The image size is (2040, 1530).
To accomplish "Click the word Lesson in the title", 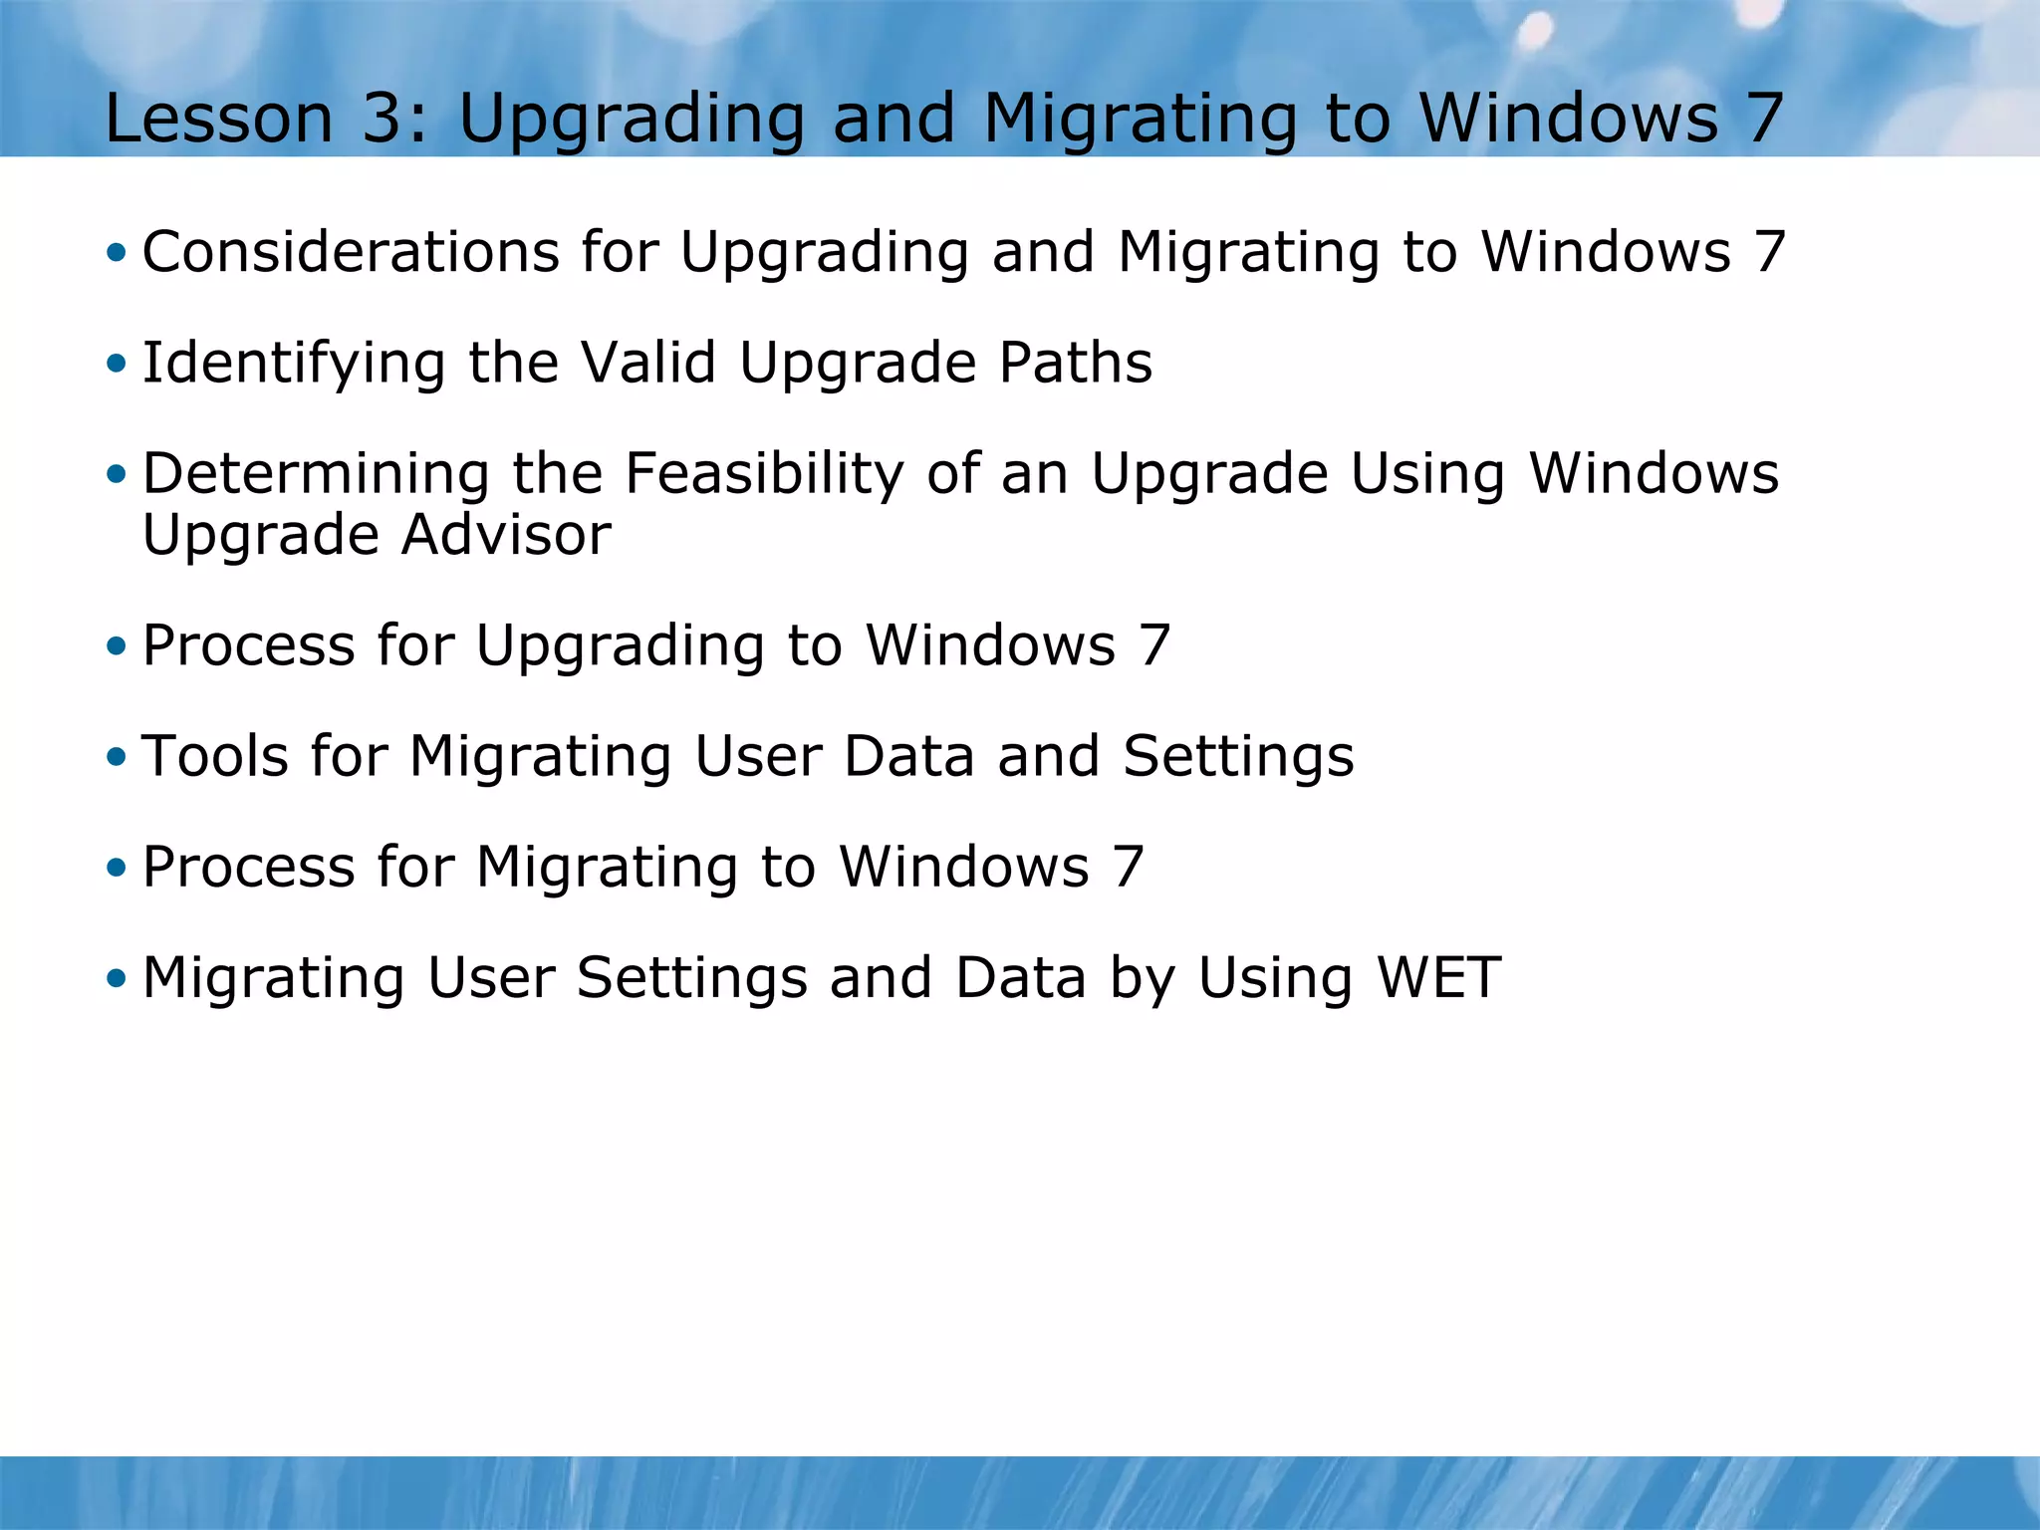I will point(218,119).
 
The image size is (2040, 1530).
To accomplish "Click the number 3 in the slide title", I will point(383,119).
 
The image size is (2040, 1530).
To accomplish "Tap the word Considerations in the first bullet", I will point(351,251).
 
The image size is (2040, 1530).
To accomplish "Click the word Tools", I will point(214,756).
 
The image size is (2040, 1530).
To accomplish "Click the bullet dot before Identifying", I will point(117,363).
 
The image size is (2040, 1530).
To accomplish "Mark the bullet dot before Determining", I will point(117,474).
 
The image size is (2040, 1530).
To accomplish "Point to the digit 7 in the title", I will point(1763,119).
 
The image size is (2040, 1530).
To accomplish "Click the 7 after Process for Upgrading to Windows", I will point(1154,645).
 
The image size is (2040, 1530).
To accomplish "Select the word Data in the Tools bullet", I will point(908,756).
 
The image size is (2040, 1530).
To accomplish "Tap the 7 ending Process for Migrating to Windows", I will point(1128,867).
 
